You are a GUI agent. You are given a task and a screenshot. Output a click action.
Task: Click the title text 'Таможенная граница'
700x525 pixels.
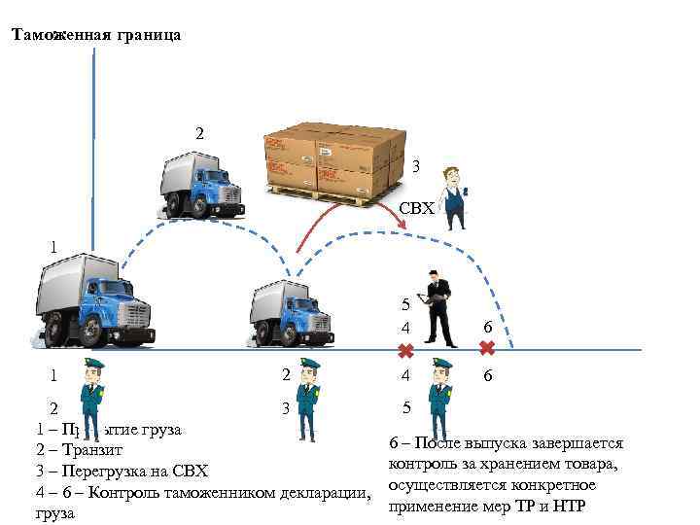coord(95,35)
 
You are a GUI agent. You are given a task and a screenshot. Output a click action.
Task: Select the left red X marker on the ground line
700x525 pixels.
coord(406,349)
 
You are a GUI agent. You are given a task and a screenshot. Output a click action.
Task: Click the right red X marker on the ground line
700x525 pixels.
coord(487,347)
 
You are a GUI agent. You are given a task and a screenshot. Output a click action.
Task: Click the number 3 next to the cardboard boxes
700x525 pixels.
coord(415,166)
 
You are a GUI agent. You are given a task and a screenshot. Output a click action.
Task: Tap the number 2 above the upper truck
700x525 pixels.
coord(200,131)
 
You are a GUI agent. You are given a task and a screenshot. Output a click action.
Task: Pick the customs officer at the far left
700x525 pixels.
coord(95,399)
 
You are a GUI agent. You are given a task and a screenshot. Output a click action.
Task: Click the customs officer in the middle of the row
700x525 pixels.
coord(309,399)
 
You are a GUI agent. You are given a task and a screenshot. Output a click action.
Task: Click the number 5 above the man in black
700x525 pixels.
coord(406,304)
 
